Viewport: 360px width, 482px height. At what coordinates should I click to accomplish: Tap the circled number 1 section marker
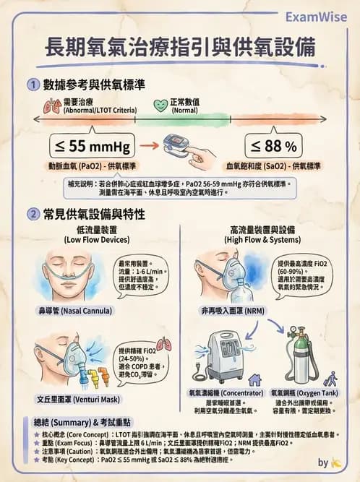click(33, 85)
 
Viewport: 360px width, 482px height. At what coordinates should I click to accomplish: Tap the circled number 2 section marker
click(33, 214)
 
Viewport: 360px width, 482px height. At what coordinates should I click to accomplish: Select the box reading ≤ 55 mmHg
click(90, 147)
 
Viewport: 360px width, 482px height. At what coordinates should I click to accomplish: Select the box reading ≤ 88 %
click(274, 147)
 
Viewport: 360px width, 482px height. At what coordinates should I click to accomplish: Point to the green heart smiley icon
click(160, 106)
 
